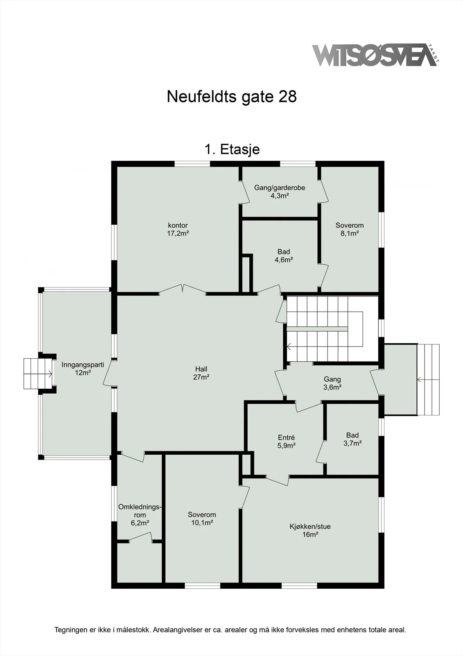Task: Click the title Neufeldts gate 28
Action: [x=232, y=96]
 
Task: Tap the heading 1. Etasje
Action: [x=232, y=150]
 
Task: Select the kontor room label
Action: [x=178, y=229]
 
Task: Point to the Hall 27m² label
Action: [x=201, y=373]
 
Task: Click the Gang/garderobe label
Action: [x=280, y=191]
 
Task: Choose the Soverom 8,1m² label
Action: [x=350, y=229]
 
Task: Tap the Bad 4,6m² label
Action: [x=284, y=256]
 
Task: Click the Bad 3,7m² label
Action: [x=352, y=439]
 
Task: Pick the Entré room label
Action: [x=286, y=442]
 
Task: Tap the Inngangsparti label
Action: [x=83, y=369]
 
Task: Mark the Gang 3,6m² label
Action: [x=332, y=383]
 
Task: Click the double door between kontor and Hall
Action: [x=183, y=289]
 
